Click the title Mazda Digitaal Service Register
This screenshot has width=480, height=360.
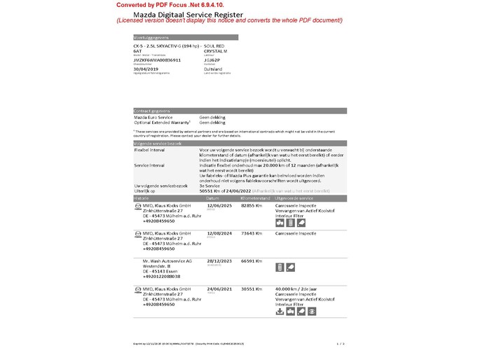click(193, 14)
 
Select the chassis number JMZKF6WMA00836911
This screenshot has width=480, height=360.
click(157, 60)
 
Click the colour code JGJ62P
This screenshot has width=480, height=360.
click(212, 60)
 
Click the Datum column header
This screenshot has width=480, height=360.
click(213, 198)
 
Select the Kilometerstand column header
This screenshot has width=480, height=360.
click(255, 198)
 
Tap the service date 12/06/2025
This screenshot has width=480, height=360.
click(219, 205)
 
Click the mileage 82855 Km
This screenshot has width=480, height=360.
click(251, 205)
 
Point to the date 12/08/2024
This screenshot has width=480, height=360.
click(219, 233)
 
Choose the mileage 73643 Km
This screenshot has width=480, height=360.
click(251, 233)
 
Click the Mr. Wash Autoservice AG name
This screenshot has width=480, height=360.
click(167, 261)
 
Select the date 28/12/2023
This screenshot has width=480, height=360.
click(219, 261)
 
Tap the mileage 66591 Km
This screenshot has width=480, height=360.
click(251, 261)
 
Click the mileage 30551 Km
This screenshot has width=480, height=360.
click(251, 289)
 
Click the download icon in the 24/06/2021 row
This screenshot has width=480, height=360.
click(280, 311)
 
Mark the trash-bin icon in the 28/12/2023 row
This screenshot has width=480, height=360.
click(280, 267)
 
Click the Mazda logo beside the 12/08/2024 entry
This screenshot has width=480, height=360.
click(137, 233)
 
